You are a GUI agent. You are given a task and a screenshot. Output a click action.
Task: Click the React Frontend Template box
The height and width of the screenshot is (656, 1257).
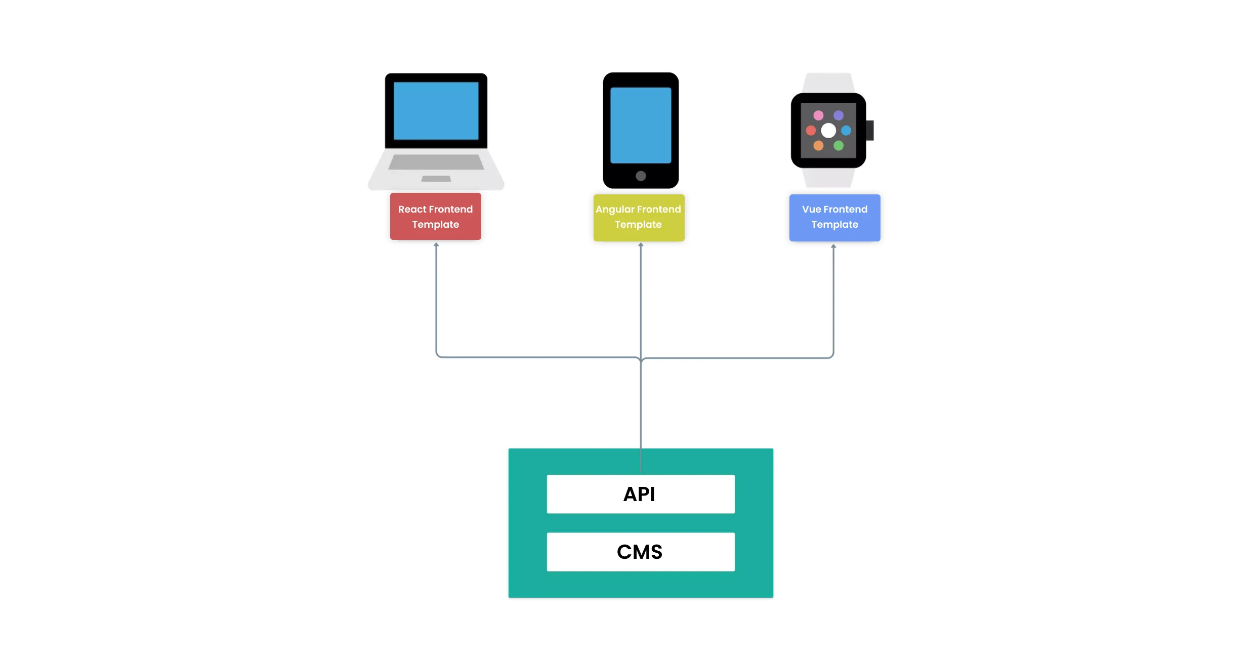click(x=435, y=217)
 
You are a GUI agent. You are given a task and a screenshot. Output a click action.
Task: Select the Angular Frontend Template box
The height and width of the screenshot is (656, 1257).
click(x=639, y=218)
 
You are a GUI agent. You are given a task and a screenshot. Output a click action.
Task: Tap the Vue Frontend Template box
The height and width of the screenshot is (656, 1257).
click(x=834, y=218)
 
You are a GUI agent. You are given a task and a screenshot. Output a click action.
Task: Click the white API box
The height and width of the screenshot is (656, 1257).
click(x=640, y=494)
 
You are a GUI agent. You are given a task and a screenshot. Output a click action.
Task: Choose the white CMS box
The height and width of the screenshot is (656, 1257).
click(x=640, y=552)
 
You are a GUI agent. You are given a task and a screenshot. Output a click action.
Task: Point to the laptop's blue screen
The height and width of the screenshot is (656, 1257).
click(x=436, y=111)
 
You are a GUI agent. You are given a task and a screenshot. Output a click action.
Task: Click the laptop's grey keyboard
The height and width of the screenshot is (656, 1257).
click(x=436, y=162)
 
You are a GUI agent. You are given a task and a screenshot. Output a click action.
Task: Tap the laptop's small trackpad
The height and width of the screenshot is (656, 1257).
click(x=436, y=179)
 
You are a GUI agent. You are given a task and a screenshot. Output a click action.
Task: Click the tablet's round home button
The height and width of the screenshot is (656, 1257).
click(x=641, y=176)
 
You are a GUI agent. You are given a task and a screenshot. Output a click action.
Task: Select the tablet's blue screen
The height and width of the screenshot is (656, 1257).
click(x=641, y=125)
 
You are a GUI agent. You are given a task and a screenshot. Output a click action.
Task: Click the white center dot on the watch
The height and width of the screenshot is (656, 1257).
click(x=828, y=131)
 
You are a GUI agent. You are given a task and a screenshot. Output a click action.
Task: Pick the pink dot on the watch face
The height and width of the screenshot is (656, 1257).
click(x=818, y=115)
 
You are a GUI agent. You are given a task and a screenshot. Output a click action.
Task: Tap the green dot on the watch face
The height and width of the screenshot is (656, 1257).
click(x=839, y=146)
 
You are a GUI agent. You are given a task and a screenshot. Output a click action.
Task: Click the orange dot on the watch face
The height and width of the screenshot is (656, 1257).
click(x=818, y=146)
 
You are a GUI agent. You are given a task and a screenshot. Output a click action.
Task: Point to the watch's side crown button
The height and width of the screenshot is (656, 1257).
click(x=870, y=131)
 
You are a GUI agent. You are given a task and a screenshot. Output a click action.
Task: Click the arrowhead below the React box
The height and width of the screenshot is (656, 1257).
click(x=436, y=244)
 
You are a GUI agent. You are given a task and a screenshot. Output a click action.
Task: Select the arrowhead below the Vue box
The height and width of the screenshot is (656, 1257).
click(x=833, y=246)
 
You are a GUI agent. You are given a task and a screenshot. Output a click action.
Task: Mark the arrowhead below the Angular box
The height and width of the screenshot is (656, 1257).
click(x=641, y=244)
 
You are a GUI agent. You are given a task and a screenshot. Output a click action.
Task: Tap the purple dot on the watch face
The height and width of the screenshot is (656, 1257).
click(x=839, y=115)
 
